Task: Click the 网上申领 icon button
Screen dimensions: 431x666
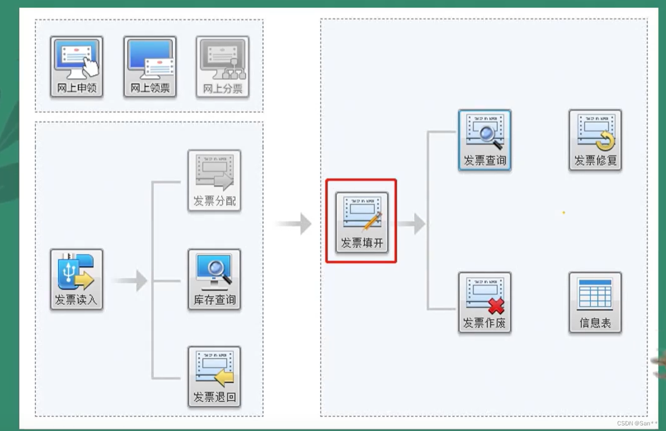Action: (76, 67)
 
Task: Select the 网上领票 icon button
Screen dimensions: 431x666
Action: (150, 67)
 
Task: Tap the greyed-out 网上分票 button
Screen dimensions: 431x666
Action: (222, 67)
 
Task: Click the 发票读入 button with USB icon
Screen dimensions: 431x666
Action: (76, 279)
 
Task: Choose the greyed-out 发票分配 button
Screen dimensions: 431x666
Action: (214, 180)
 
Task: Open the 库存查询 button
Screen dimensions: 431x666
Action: (214, 279)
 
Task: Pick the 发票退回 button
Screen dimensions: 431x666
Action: (214, 376)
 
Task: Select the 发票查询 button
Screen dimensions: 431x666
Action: (484, 140)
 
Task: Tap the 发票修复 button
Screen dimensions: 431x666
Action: (595, 140)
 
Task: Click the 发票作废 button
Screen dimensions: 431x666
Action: (484, 302)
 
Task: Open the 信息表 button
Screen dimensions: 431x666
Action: (595, 302)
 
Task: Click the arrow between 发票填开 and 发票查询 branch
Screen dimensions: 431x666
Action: (412, 223)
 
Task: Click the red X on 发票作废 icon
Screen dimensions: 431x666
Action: (496, 306)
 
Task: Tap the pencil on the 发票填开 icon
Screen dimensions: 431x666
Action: (371, 221)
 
